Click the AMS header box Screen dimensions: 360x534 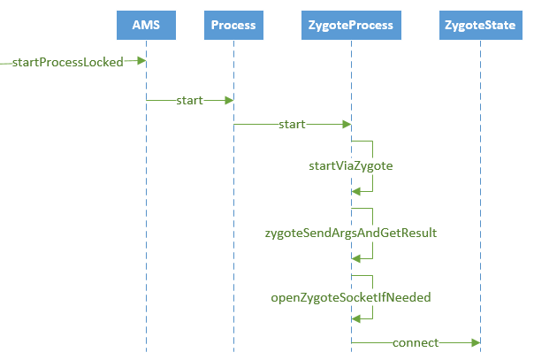146,25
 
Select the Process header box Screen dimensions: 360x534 233,25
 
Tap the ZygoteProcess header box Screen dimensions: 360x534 352,25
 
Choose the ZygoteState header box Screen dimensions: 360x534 480,25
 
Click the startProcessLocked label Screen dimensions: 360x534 68,62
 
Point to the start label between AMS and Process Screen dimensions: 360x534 189,100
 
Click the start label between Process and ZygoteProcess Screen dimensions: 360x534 293,125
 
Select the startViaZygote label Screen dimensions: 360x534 350,165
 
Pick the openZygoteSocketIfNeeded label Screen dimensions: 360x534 351,298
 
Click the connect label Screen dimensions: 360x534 415,342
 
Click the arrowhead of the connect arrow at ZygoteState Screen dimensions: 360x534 475,342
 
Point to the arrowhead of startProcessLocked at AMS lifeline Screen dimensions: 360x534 141,61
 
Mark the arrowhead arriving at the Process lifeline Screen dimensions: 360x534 228,100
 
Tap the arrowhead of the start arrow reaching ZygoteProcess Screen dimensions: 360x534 347,125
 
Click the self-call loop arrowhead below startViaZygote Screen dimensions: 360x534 356,191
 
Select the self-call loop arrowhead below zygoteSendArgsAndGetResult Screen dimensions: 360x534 356,257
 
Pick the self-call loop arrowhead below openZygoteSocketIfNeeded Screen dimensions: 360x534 356,322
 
